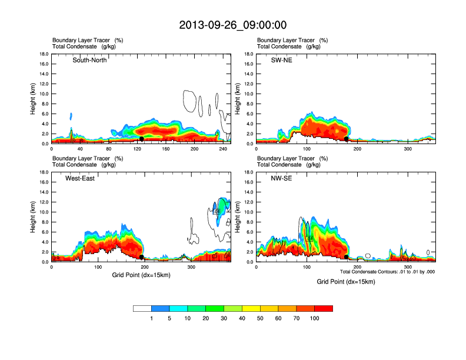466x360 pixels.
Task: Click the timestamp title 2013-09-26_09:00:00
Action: click(x=233, y=25)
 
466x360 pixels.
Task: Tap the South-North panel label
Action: click(x=89, y=60)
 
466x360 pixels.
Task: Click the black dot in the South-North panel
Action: click(x=142, y=139)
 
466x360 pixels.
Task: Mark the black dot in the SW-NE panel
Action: click(x=347, y=139)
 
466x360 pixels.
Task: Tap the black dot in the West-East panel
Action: click(x=142, y=257)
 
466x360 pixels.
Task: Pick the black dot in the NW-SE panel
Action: click(x=347, y=257)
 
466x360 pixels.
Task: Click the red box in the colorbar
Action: click(x=324, y=308)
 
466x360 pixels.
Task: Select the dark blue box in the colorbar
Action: click(x=161, y=308)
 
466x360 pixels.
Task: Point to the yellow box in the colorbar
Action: click(x=251, y=308)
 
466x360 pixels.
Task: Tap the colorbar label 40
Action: click(x=242, y=318)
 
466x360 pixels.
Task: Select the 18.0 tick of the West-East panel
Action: click(x=44, y=172)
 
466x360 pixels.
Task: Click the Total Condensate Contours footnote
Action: click(x=387, y=272)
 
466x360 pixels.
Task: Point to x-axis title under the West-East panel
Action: click(x=141, y=276)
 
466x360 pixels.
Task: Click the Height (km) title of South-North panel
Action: click(x=34, y=99)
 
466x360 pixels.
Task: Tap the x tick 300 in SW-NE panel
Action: click(x=407, y=149)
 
